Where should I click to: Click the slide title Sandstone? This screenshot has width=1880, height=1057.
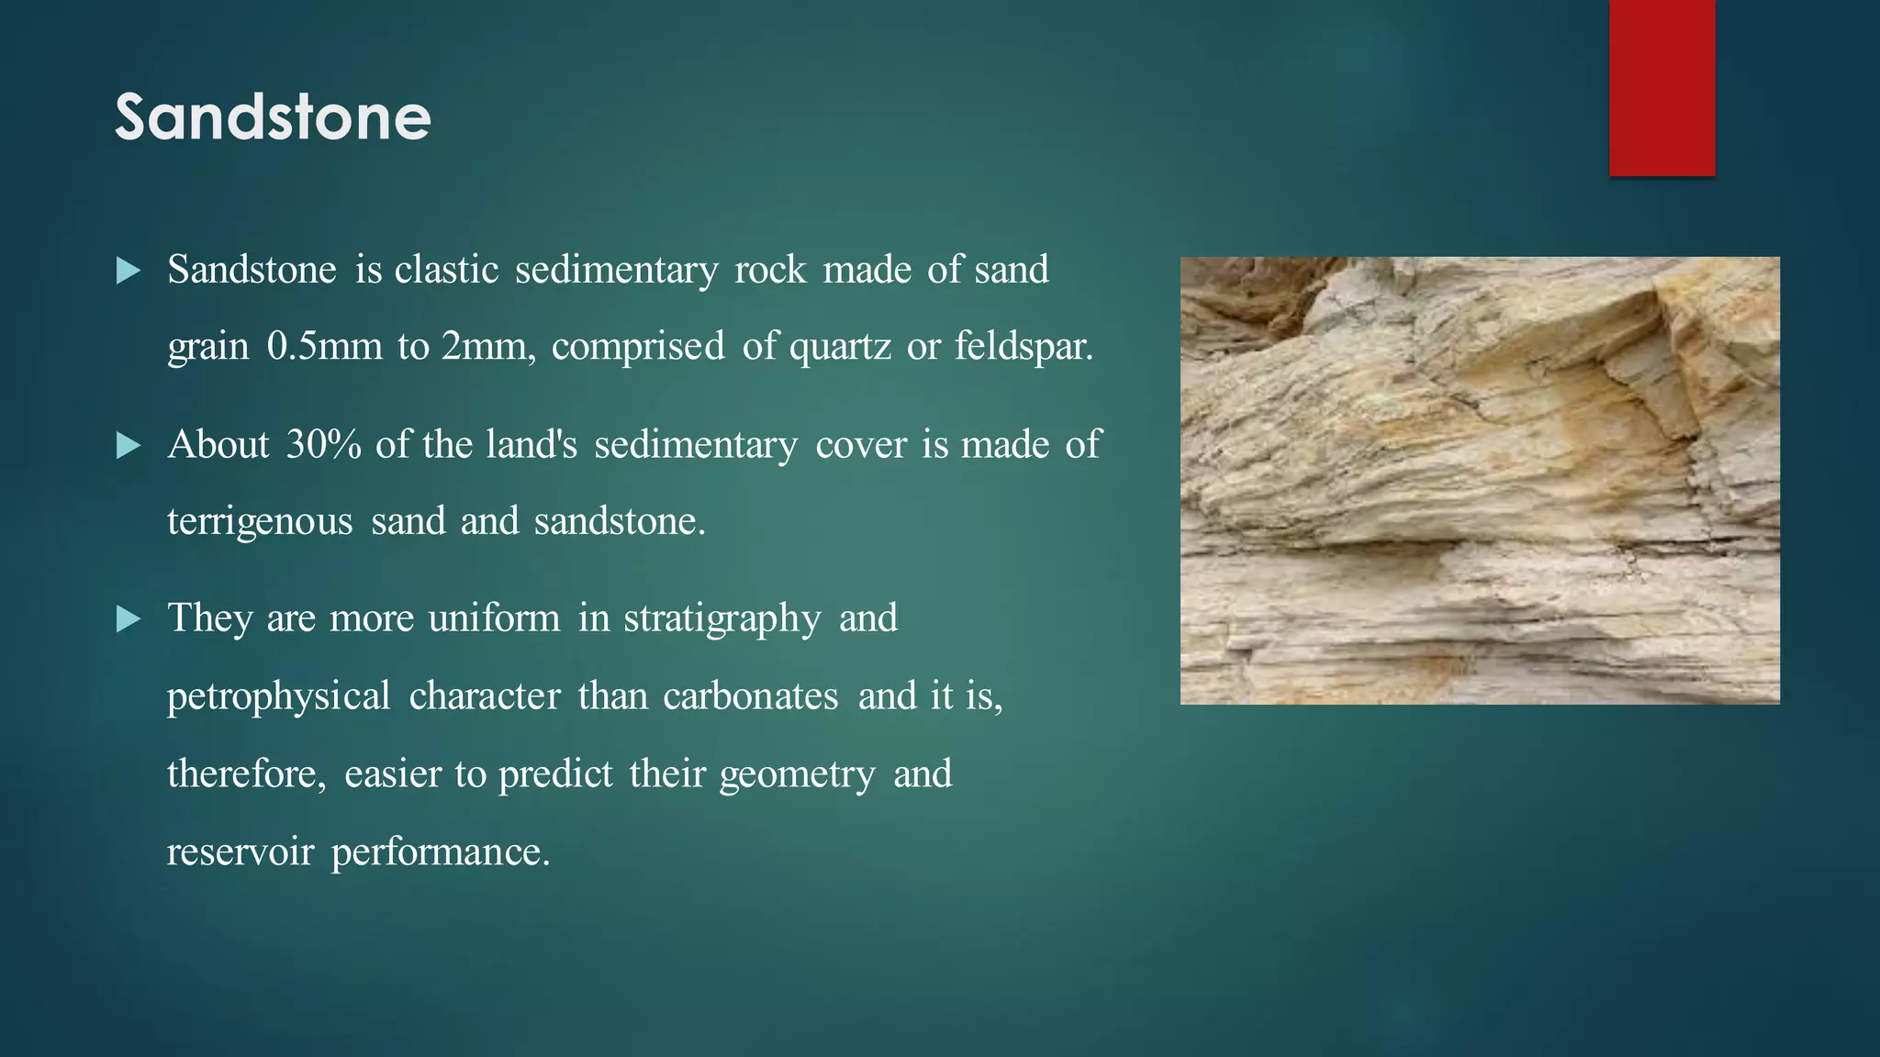click(273, 117)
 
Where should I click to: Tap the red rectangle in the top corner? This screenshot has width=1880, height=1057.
click(1662, 87)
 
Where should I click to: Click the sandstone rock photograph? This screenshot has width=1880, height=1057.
click(1480, 480)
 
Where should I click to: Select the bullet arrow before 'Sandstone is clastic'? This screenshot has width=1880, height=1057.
click(129, 271)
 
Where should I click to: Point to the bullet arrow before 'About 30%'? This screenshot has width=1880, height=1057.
click(129, 446)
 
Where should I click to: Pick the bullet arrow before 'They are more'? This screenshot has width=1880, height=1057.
click(129, 619)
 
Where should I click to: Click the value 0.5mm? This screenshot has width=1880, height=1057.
click(324, 347)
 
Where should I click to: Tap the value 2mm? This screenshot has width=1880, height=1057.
click(488, 347)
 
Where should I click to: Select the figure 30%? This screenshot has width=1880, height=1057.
click(323, 445)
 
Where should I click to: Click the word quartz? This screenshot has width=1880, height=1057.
click(840, 347)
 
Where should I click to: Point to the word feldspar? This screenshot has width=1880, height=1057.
click(1024, 347)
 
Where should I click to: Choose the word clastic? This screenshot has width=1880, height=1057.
click(447, 270)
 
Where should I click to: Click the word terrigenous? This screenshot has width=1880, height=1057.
click(260, 522)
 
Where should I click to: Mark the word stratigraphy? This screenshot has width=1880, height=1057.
click(722, 618)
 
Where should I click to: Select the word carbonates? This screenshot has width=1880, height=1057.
click(750, 696)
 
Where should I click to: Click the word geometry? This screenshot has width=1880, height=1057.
click(797, 774)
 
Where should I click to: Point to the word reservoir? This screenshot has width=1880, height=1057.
click(241, 852)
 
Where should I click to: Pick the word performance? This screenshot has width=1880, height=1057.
click(441, 852)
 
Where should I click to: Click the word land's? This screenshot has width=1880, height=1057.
click(532, 445)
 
